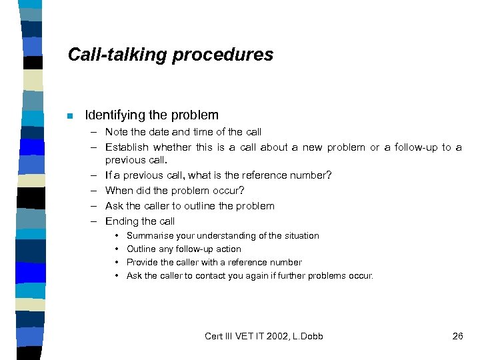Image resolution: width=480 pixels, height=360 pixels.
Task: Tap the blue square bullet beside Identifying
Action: pyautogui.click(x=69, y=115)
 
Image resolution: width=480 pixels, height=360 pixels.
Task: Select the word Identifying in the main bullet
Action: pyautogui.click(x=115, y=115)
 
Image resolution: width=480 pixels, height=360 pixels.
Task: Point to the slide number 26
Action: pyautogui.click(x=457, y=336)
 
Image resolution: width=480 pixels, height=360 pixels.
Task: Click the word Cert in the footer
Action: pyautogui.click(x=215, y=336)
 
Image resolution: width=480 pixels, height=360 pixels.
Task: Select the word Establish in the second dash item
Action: pyautogui.click(x=127, y=147)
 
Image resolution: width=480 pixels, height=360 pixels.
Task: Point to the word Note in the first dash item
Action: pyautogui.click(x=116, y=132)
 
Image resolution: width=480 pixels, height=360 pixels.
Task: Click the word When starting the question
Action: pyautogui.click(x=119, y=191)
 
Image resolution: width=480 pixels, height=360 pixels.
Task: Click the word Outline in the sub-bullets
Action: pyautogui.click(x=140, y=249)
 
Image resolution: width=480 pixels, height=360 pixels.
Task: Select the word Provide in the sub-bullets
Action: pyautogui.click(x=141, y=263)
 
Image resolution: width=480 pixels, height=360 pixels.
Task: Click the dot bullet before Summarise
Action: pyautogui.click(x=117, y=236)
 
